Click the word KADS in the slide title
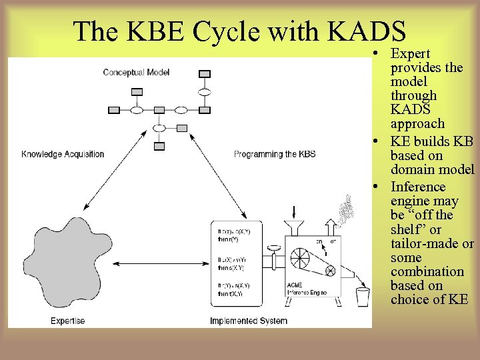pyautogui.click(x=367, y=31)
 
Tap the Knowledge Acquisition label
pyautogui.click(x=63, y=154)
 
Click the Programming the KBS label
pyautogui.click(x=275, y=154)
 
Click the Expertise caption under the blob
pyautogui.click(x=68, y=321)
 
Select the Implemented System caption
pyautogui.click(x=249, y=321)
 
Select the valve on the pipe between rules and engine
pyautogui.click(x=273, y=251)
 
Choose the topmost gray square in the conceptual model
pyautogui.click(x=205, y=73)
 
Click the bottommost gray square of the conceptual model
pyautogui.click(x=159, y=145)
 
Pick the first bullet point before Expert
pyautogui.click(x=377, y=53)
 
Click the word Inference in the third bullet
pyautogui.click(x=418, y=187)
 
